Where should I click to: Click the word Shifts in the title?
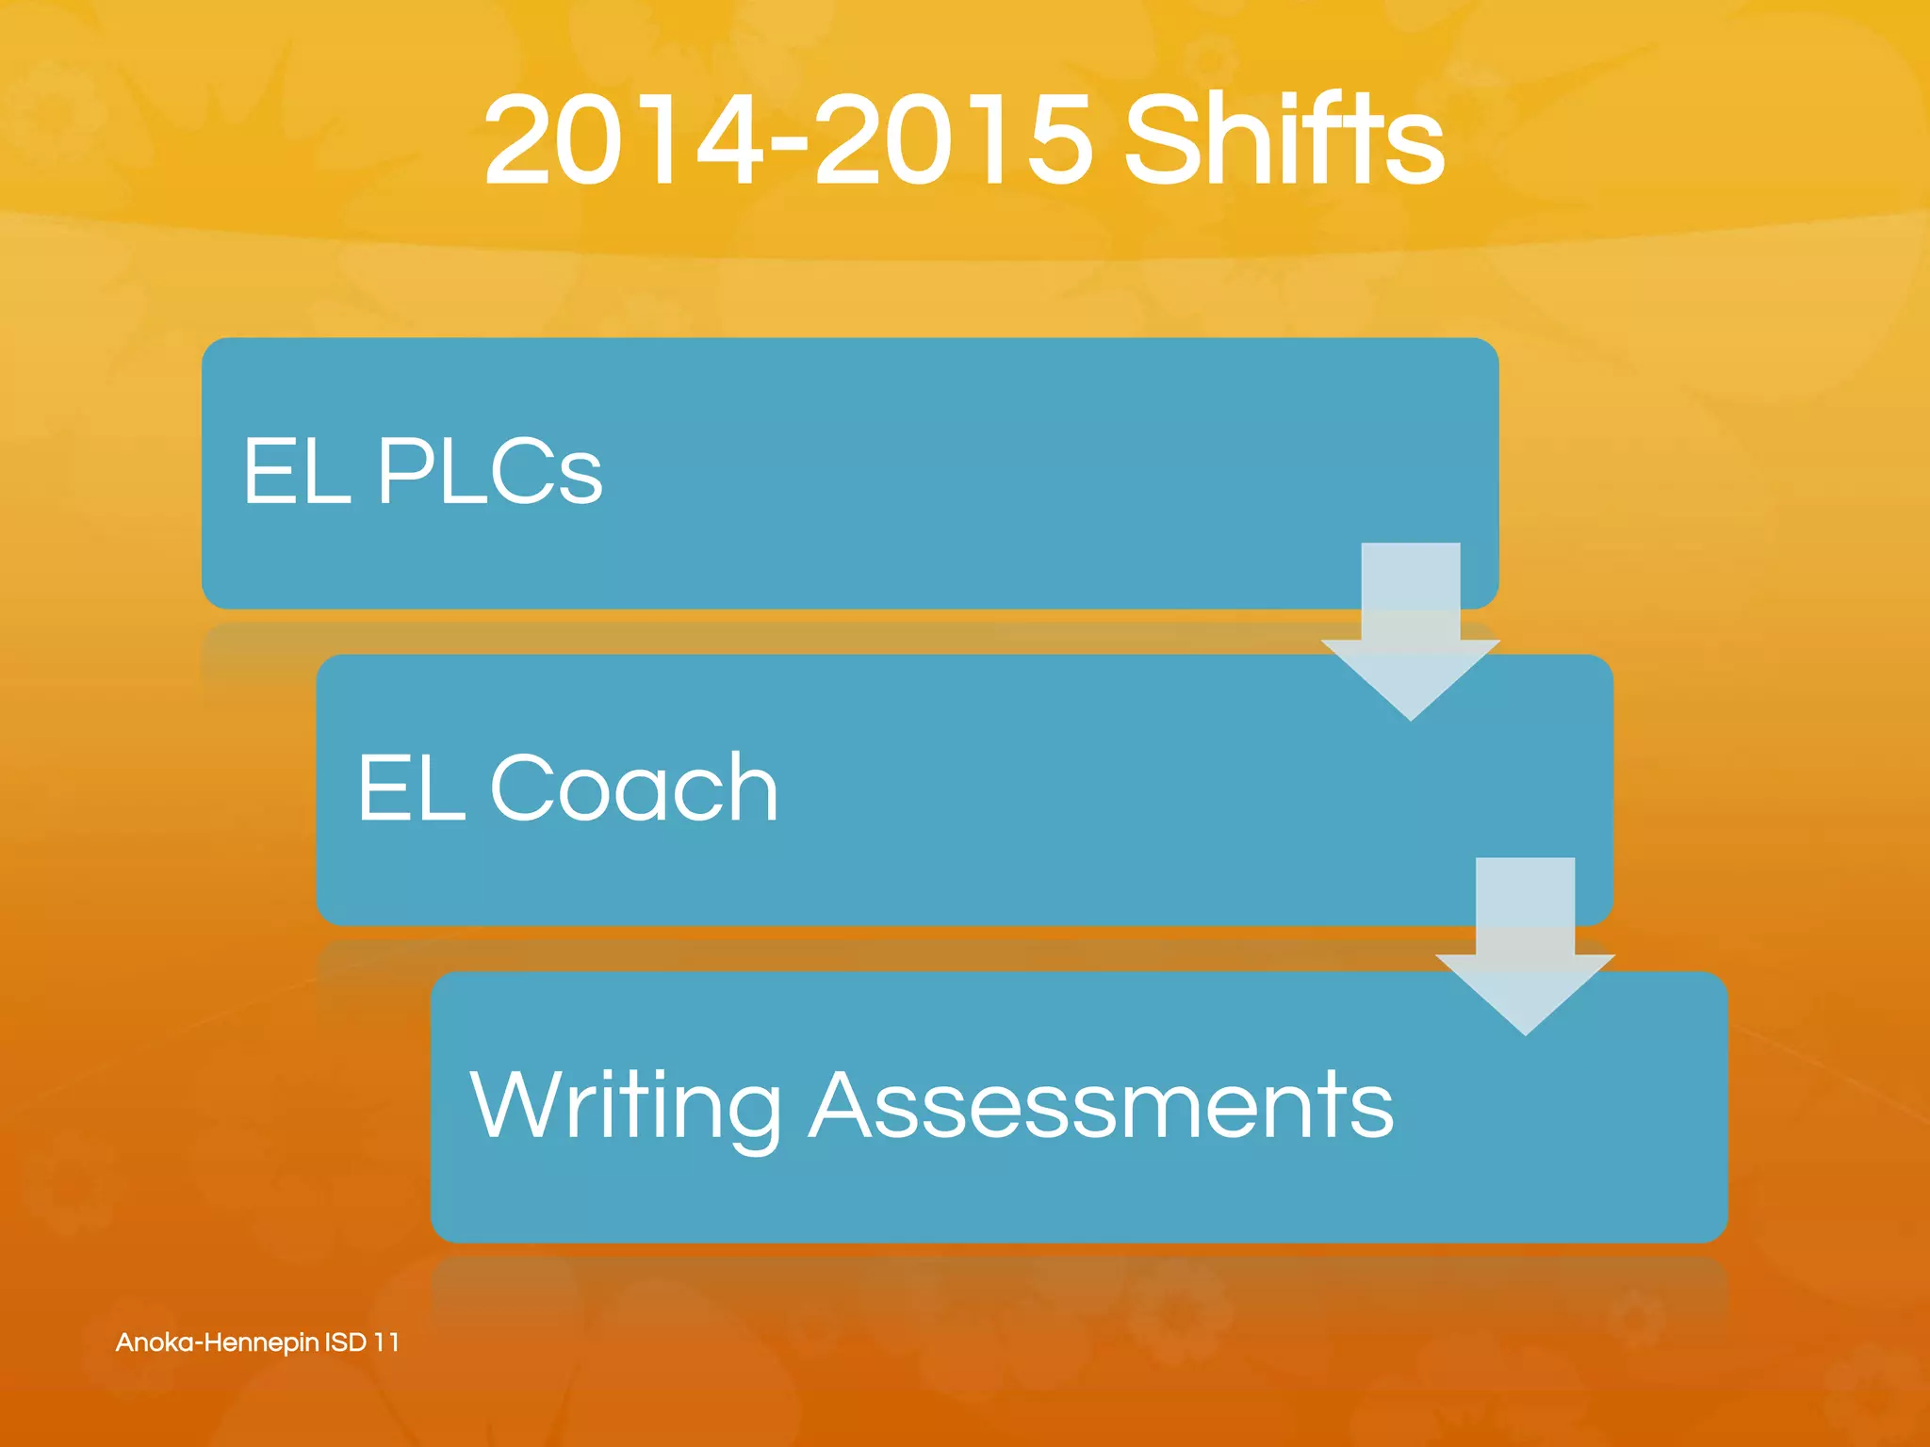[x=1284, y=141]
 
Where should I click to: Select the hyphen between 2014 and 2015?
[x=788, y=146]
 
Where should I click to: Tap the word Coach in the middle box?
[x=633, y=788]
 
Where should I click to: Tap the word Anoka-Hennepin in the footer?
[x=217, y=1342]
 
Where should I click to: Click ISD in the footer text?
[x=345, y=1342]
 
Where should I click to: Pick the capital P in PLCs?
[x=405, y=471]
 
